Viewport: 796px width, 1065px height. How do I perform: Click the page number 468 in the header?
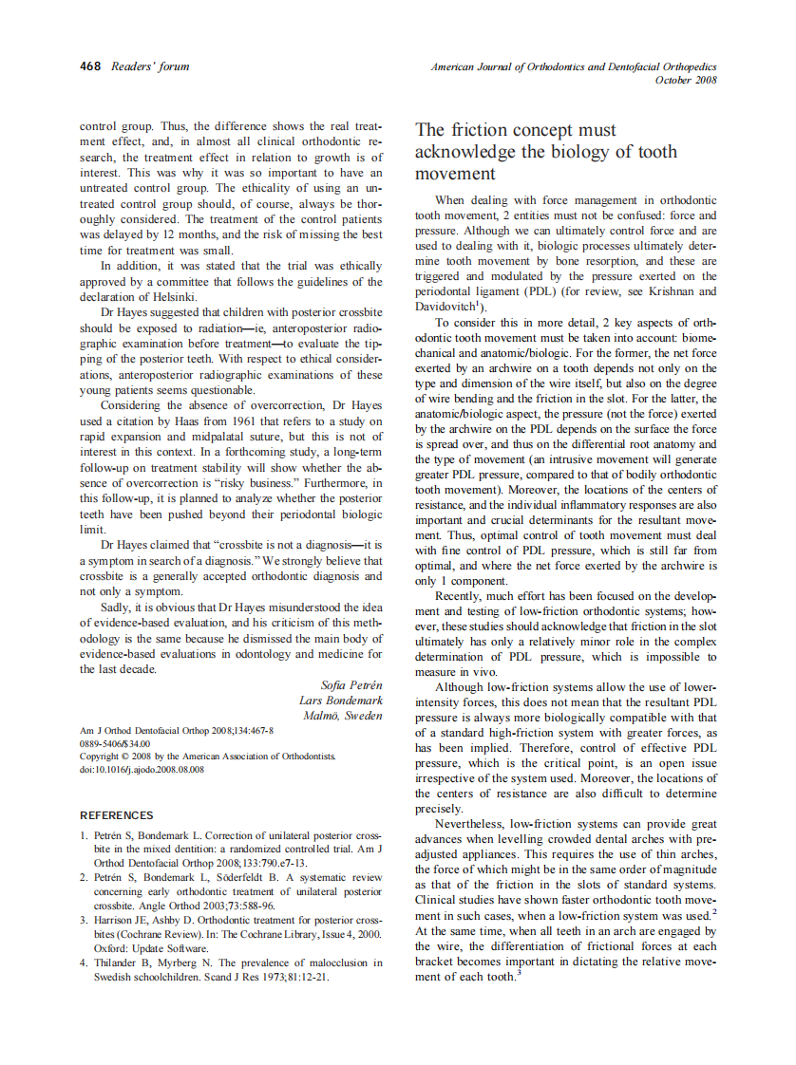pyautogui.click(x=91, y=66)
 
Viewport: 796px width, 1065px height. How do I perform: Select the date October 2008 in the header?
pyautogui.click(x=686, y=80)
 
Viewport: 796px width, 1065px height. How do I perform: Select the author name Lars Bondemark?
pyautogui.click(x=341, y=701)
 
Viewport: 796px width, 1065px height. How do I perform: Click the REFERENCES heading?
pyautogui.click(x=116, y=815)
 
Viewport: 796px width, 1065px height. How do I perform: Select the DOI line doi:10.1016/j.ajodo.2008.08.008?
pyautogui.click(x=142, y=771)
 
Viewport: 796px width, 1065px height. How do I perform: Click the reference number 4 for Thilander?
pyautogui.click(x=84, y=963)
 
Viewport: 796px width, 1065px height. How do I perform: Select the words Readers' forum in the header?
pyautogui.click(x=150, y=66)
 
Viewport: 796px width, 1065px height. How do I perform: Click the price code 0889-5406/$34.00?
pyautogui.click(x=115, y=744)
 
